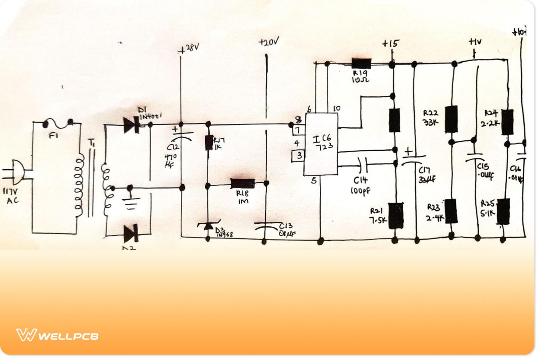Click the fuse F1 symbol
coord(58,122)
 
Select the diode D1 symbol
coord(132,126)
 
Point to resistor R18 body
coord(243,183)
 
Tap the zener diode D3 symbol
coord(208,225)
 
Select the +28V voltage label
coord(189,48)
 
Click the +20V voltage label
coord(269,42)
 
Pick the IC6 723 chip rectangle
coord(321,144)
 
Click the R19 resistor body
coord(361,63)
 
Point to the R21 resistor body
coord(396,216)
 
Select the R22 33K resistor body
coord(451,119)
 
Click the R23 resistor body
coord(451,211)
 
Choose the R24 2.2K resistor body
coord(507,121)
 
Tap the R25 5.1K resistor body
coord(503,211)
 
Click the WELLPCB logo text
coord(68,336)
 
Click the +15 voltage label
coord(390,44)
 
